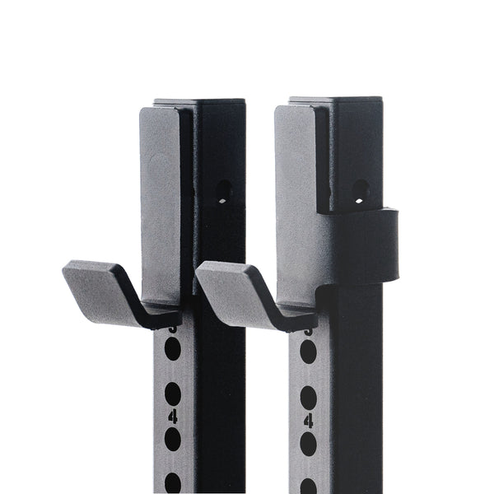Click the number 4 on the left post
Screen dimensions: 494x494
(x=172, y=417)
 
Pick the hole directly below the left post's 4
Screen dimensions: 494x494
(x=172, y=440)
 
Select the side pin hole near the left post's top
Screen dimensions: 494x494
(x=223, y=193)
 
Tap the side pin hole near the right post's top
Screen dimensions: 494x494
(x=360, y=193)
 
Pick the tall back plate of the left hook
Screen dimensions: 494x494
(x=161, y=206)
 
